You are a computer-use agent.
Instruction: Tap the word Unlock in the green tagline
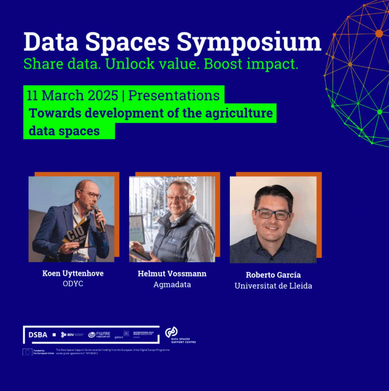coord(129,64)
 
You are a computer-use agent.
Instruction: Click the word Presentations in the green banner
coord(174,95)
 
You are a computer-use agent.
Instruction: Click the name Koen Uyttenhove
coord(73,273)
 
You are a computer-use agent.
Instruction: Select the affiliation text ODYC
coord(73,283)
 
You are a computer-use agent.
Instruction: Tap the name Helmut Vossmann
coord(172,273)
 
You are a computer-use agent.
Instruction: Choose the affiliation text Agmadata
coord(172,284)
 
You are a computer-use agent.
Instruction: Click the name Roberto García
coord(273,275)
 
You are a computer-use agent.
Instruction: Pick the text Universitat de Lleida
coord(273,286)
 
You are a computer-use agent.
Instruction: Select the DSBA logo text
coord(38,335)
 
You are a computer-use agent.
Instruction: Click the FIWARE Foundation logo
coord(99,335)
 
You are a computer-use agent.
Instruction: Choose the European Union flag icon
coord(27,352)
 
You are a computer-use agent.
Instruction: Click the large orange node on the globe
coord(379,34)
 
